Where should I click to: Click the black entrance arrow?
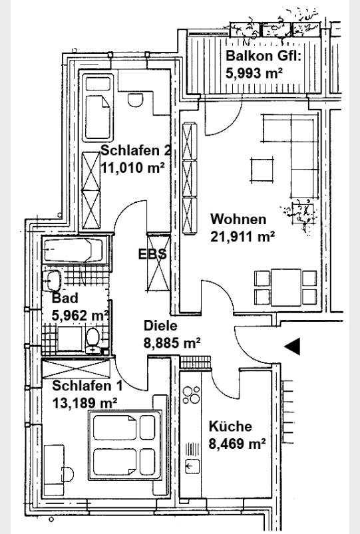point(292,346)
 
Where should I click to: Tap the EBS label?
point(152,254)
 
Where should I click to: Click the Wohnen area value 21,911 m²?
point(243,236)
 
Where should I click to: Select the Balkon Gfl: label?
point(264,55)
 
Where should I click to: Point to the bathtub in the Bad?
point(74,250)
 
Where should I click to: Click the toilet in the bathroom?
point(92,340)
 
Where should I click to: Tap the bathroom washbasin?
point(52,281)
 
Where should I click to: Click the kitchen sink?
point(192,466)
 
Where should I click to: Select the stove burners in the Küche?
point(191,394)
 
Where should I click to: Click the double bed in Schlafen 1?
point(125,445)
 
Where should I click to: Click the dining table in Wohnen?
point(286,287)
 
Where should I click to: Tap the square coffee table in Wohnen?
point(262,170)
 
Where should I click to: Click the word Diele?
point(160,326)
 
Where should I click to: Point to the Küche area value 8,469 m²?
point(238,444)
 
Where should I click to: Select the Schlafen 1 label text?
point(87,386)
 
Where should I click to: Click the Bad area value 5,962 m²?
point(81,315)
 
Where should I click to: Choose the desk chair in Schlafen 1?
point(67,474)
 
